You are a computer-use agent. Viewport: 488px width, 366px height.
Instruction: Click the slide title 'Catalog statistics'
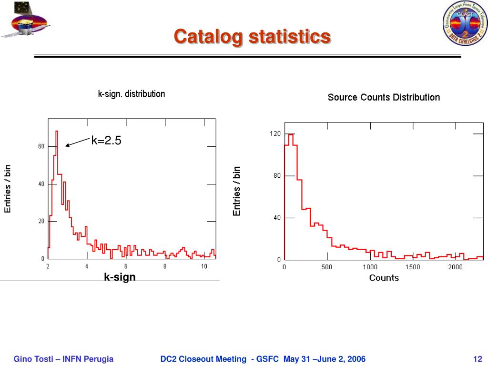[252, 37]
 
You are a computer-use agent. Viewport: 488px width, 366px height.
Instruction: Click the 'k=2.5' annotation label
[106, 140]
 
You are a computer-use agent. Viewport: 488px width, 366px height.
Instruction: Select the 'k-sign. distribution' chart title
[132, 94]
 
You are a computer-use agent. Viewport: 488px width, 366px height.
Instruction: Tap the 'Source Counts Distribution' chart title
[383, 97]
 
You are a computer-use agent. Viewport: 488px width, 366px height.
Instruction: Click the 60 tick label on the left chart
[41, 146]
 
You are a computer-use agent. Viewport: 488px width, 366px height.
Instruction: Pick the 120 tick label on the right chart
[275, 134]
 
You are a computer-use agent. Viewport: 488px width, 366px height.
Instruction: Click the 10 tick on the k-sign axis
[203, 266]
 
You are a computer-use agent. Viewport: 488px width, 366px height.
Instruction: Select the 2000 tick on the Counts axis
[455, 267]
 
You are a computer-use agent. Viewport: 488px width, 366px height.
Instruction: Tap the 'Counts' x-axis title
[384, 278]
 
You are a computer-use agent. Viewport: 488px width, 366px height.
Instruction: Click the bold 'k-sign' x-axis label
[120, 277]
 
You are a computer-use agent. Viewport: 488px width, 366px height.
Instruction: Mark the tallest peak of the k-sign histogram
[57, 131]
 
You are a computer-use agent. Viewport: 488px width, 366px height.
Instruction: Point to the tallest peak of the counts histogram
[290, 134]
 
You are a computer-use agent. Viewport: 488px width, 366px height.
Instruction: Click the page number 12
[478, 359]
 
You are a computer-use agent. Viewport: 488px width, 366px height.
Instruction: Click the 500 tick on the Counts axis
[326, 267]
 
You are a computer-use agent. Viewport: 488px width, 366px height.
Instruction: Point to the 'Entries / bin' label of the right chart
[237, 191]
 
